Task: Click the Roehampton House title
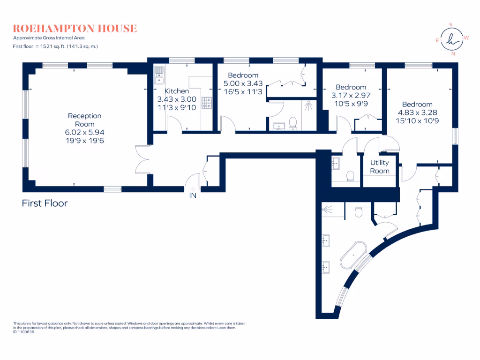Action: pos(75,28)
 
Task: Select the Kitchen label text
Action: pos(177,91)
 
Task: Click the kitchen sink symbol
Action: pos(159,73)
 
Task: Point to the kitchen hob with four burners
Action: pos(207,103)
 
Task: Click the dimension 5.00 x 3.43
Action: pos(243,83)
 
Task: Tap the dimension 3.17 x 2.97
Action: pos(351,95)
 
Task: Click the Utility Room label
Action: pos(380,166)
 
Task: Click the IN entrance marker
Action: pos(193,195)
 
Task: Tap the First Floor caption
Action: pos(45,203)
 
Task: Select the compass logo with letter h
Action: pos(452,40)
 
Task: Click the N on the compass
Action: pos(452,54)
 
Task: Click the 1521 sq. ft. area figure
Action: pos(58,46)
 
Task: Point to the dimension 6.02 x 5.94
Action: pos(84,133)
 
